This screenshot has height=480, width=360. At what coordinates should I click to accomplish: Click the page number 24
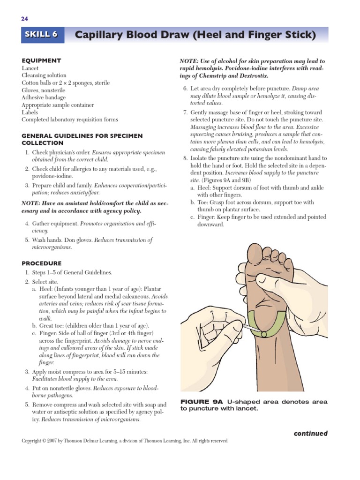click(x=24, y=19)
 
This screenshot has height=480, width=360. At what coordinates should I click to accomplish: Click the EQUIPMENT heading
click(x=41, y=60)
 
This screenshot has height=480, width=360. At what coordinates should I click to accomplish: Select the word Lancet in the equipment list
click(x=30, y=68)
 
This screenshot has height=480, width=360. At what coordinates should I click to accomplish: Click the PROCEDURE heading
click(x=42, y=263)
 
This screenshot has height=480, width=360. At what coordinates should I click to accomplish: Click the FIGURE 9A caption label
click(x=202, y=402)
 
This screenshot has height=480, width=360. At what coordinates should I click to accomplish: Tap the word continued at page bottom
click(x=310, y=433)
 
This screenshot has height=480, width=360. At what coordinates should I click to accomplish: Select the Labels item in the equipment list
click(x=30, y=112)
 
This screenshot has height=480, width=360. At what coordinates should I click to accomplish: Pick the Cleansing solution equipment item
click(x=44, y=75)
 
